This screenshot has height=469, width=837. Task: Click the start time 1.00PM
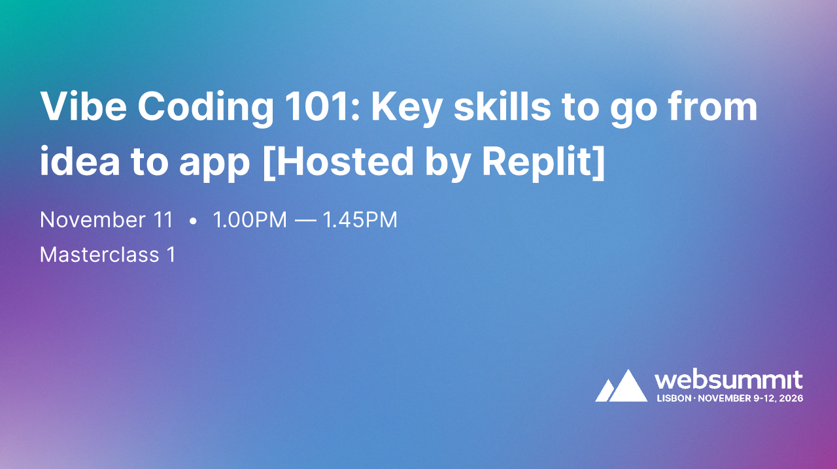pyautogui.click(x=250, y=220)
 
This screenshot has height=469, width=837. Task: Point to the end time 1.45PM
pyautogui.click(x=360, y=220)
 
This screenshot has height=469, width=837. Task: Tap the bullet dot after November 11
pyautogui.click(x=193, y=221)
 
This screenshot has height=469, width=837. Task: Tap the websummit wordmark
pyautogui.click(x=728, y=380)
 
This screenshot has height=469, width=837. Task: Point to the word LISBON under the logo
pyautogui.click(x=674, y=398)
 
